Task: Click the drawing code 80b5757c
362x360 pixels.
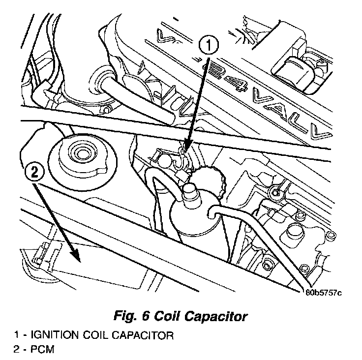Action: coord(322,294)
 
